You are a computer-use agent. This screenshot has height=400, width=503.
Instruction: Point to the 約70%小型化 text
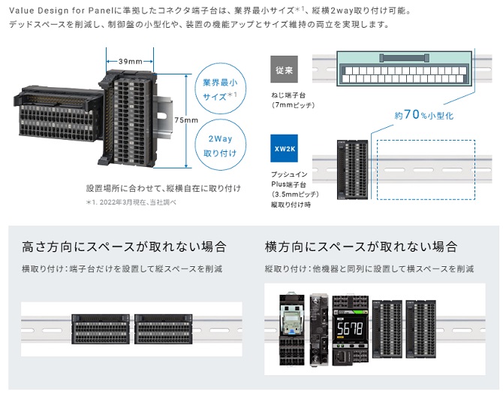point(423,116)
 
